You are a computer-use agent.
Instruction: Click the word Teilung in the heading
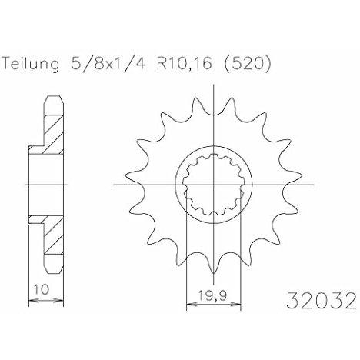(31, 64)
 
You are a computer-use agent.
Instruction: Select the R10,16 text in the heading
(185, 63)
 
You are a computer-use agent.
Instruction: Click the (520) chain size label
(248, 63)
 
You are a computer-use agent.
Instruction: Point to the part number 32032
(322, 300)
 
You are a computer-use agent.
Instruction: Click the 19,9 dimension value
(213, 295)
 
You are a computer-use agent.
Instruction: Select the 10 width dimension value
(42, 289)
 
